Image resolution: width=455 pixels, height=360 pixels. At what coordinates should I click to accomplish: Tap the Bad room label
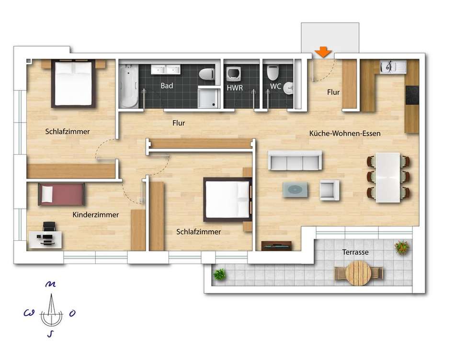167,86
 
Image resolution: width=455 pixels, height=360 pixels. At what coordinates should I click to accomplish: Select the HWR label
235,88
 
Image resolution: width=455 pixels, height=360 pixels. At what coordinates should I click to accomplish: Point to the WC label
275,86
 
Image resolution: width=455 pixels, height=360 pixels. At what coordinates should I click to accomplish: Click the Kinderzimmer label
95,214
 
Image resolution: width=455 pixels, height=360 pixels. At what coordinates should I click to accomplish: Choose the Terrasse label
355,252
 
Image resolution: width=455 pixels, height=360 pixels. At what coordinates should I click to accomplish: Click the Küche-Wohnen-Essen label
345,134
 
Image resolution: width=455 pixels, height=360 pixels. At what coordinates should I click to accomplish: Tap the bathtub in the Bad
128,86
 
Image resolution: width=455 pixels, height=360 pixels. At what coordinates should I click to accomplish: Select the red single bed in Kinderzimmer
61,194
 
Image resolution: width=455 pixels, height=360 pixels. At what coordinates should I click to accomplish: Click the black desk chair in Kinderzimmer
49,226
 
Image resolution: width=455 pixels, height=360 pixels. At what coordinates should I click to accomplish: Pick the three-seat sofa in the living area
295,160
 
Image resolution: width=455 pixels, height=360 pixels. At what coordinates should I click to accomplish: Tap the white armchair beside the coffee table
330,191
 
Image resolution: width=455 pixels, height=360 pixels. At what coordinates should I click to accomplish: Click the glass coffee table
296,190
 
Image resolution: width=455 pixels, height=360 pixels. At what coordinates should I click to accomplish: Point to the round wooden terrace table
359,273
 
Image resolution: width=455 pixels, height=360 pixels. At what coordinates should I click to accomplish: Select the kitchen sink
389,67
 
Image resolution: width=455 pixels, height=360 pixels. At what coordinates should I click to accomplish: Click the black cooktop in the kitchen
412,95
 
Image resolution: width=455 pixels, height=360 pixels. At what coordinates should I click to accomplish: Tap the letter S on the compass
51,334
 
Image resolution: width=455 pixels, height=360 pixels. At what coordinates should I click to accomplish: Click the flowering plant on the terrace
402,247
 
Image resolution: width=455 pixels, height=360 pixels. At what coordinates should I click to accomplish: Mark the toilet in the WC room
273,73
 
